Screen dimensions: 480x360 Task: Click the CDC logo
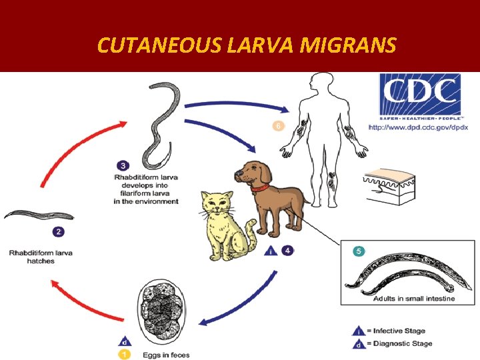[420, 96]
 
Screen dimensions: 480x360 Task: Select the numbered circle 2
[58, 232]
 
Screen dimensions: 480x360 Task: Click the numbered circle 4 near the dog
[287, 251]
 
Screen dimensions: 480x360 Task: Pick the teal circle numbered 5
[359, 251]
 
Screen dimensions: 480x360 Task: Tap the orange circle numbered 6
[278, 125]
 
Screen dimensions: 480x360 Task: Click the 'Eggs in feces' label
[165, 355]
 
